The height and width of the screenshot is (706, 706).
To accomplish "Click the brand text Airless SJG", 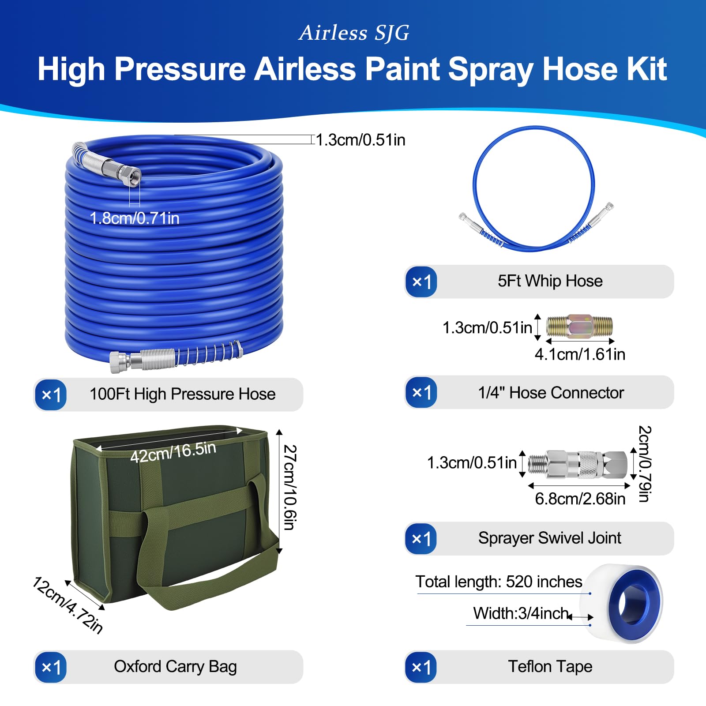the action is tap(354, 33).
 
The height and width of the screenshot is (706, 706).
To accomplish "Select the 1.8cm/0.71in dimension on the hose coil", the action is tap(135, 218).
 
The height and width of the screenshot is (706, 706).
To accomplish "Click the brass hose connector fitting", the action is tap(579, 327).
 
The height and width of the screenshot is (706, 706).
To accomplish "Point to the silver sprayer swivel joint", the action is tap(578, 464).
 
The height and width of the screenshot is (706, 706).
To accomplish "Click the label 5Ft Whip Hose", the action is tap(550, 281).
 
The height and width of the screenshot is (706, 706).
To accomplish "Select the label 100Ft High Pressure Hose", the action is tap(183, 394).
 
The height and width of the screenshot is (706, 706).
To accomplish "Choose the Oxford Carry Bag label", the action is tap(175, 667).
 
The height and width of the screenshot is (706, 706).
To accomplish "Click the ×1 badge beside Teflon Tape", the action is tap(421, 667).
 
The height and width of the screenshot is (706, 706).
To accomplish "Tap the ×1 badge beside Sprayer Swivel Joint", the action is tap(421, 539).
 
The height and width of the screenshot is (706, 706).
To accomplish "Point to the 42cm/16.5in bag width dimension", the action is tap(173, 452).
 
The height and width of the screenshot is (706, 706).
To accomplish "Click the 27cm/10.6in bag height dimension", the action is tap(290, 487).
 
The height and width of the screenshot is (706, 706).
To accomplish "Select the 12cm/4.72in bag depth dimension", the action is tap(68, 605).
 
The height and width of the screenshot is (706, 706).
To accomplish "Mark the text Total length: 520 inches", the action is tap(499, 582).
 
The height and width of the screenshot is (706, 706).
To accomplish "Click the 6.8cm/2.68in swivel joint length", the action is tap(580, 499).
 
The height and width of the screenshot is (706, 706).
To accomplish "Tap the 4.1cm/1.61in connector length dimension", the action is tap(580, 354).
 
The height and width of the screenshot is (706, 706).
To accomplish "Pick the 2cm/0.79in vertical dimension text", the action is tap(645, 464).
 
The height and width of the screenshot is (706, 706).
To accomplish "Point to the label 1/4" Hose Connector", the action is tap(551, 393).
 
